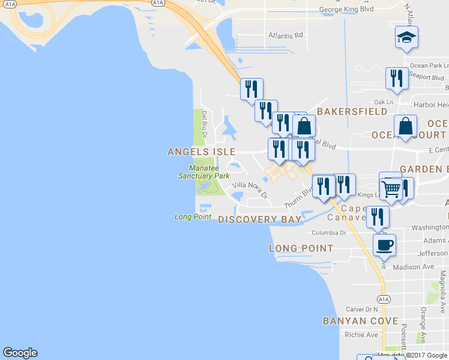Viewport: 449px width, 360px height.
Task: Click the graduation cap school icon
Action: tap(406, 38)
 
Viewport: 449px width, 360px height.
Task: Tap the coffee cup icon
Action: tap(384, 245)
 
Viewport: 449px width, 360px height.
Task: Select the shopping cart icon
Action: tap(391, 188)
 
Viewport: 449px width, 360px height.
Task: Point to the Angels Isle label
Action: tap(201, 152)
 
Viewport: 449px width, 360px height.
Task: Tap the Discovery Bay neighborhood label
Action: tap(259, 220)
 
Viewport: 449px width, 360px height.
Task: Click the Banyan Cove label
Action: tap(360, 321)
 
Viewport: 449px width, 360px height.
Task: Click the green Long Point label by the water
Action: tap(193, 217)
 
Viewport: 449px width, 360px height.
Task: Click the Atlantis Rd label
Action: tap(286, 35)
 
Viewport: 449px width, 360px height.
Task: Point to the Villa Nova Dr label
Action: tap(249, 189)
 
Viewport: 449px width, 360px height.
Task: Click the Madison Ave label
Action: tap(413, 266)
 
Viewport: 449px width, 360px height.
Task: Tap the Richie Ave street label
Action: tap(362, 335)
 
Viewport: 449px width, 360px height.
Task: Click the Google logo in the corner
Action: tap(20, 353)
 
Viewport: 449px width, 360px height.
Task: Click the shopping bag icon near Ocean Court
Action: tap(406, 127)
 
